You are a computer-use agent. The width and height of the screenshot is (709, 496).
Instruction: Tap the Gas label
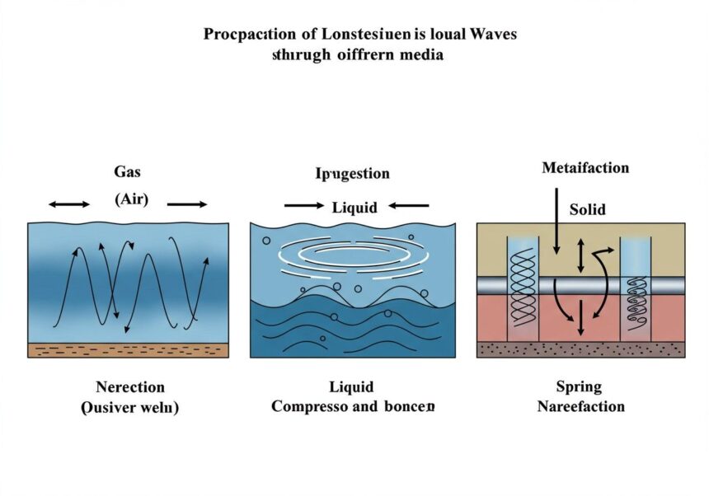(128, 172)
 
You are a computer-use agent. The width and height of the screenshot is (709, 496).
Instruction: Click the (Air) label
(130, 200)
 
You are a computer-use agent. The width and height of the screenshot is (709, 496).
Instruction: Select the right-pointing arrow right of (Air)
(187, 204)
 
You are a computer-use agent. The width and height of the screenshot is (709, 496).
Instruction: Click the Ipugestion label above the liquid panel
(352, 173)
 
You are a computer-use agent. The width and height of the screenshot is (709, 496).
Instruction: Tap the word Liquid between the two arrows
(354, 207)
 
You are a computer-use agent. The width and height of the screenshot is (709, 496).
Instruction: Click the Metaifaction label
(585, 168)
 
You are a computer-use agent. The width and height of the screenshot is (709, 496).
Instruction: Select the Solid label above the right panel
(587, 209)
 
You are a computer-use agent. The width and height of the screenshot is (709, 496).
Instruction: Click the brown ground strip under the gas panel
(128, 350)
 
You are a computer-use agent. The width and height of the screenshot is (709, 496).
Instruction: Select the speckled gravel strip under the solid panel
(580, 349)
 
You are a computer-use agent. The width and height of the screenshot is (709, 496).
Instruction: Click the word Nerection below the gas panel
(130, 387)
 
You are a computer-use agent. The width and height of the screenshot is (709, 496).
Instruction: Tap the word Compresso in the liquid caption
(311, 407)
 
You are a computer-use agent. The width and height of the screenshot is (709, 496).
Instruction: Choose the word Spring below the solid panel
(580, 386)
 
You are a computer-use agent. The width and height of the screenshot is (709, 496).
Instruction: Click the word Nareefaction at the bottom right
(580, 406)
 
